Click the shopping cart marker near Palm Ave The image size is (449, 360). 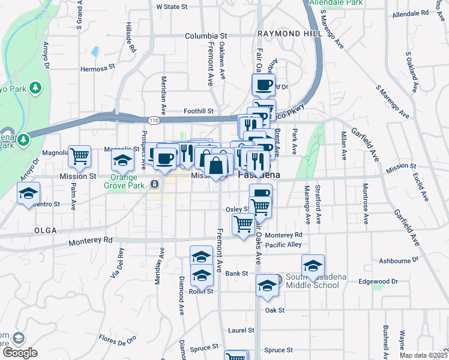pos(79,157)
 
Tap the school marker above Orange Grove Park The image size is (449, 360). pos(122,160)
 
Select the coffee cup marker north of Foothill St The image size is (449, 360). pos(264,85)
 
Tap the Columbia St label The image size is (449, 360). pos(206,36)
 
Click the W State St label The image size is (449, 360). pos(172,7)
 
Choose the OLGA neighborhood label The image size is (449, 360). pos(46,230)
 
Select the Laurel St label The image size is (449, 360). pos(242,331)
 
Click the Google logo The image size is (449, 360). pos(20,353)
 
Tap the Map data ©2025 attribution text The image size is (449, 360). pos(424,355)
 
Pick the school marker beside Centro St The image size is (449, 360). pos(28,194)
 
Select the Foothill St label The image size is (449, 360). pos(199,111)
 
